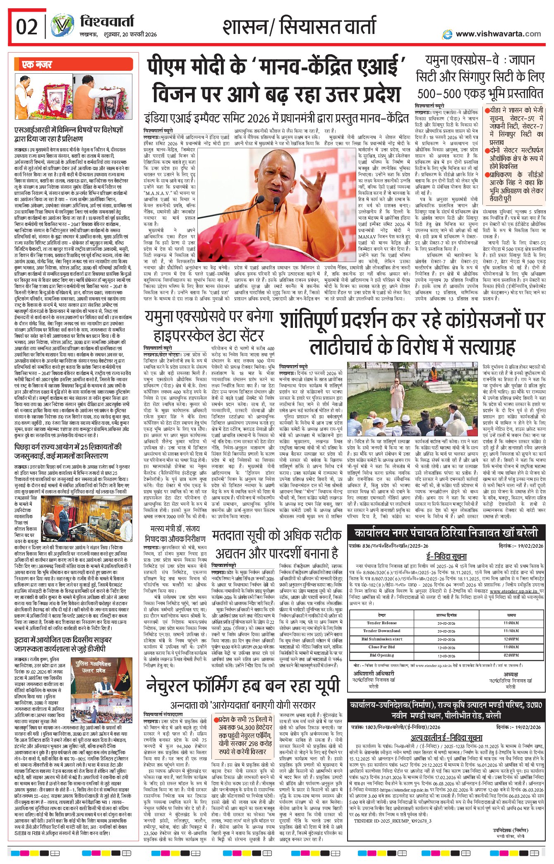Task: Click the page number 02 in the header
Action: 27,27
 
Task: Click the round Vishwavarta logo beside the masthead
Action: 62,26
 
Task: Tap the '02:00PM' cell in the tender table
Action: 511,655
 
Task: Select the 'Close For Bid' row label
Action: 381,647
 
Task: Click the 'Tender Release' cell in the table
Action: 381,623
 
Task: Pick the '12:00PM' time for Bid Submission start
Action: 511,639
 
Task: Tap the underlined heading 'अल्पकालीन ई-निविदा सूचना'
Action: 446,738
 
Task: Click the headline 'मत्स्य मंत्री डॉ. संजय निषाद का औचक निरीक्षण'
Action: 175,534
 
